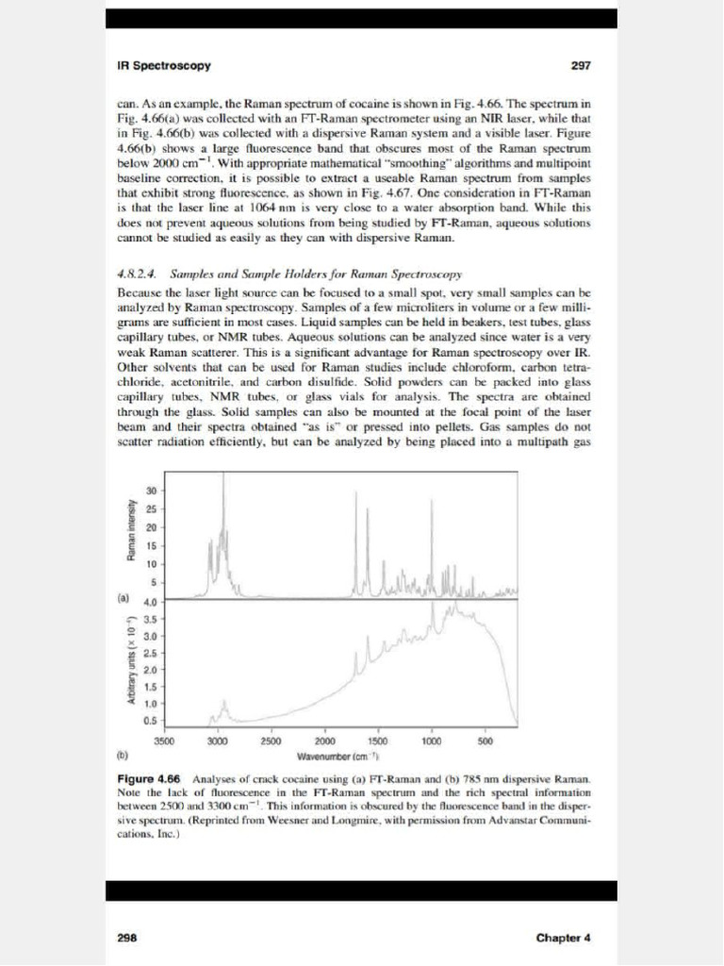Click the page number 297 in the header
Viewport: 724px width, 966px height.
(x=581, y=66)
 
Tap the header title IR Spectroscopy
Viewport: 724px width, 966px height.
(x=164, y=66)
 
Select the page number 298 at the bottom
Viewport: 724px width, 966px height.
(x=127, y=938)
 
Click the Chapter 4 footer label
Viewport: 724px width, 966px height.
(x=563, y=938)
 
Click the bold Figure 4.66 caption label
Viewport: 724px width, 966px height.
(x=148, y=779)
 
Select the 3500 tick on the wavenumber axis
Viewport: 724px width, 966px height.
(x=164, y=742)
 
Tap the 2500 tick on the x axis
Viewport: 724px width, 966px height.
(x=271, y=742)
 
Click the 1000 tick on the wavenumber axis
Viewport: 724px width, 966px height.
(x=432, y=742)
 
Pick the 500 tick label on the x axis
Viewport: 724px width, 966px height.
(x=485, y=742)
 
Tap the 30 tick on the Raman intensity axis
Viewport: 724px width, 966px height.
(x=151, y=491)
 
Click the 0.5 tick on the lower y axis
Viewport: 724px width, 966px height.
(x=150, y=721)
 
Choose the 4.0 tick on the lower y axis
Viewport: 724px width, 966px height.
(x=150, y=602)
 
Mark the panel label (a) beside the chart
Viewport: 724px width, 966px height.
(x=123, y=598)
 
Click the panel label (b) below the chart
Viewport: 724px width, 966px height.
(x=123, y=757)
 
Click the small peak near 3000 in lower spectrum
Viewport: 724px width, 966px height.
(x=224, y=703)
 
